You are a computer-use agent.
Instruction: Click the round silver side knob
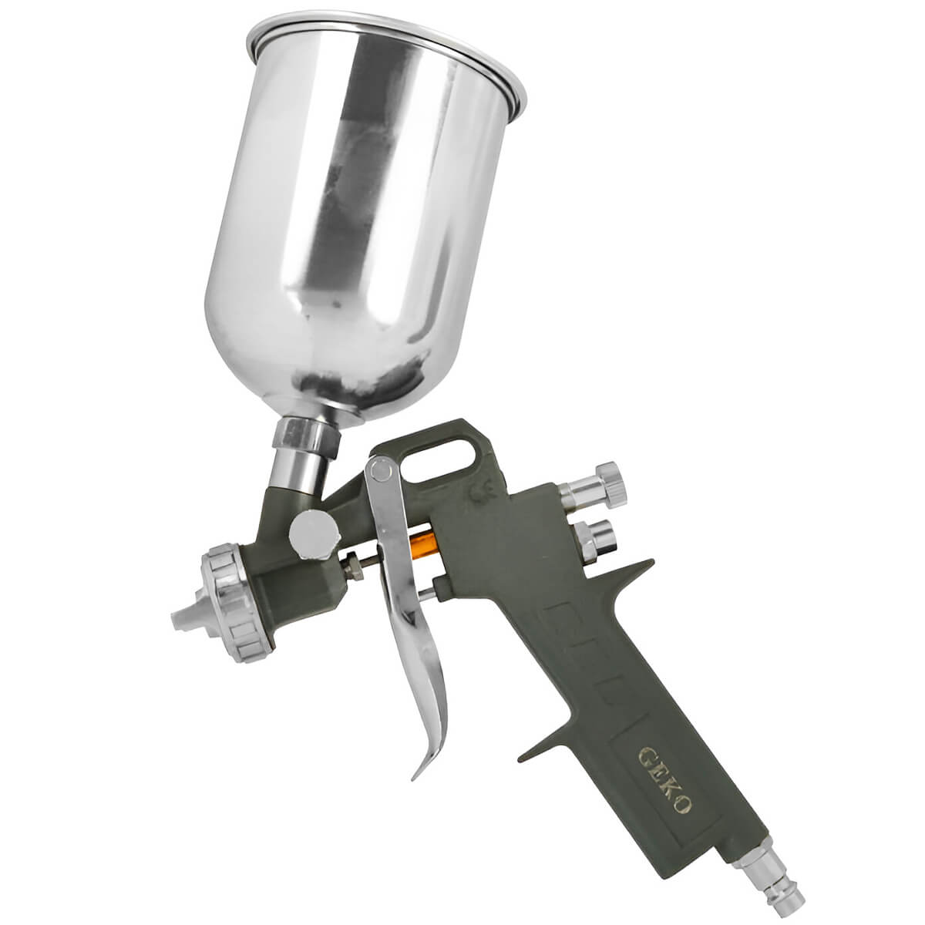pyautogui.click(x=315, y=534)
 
